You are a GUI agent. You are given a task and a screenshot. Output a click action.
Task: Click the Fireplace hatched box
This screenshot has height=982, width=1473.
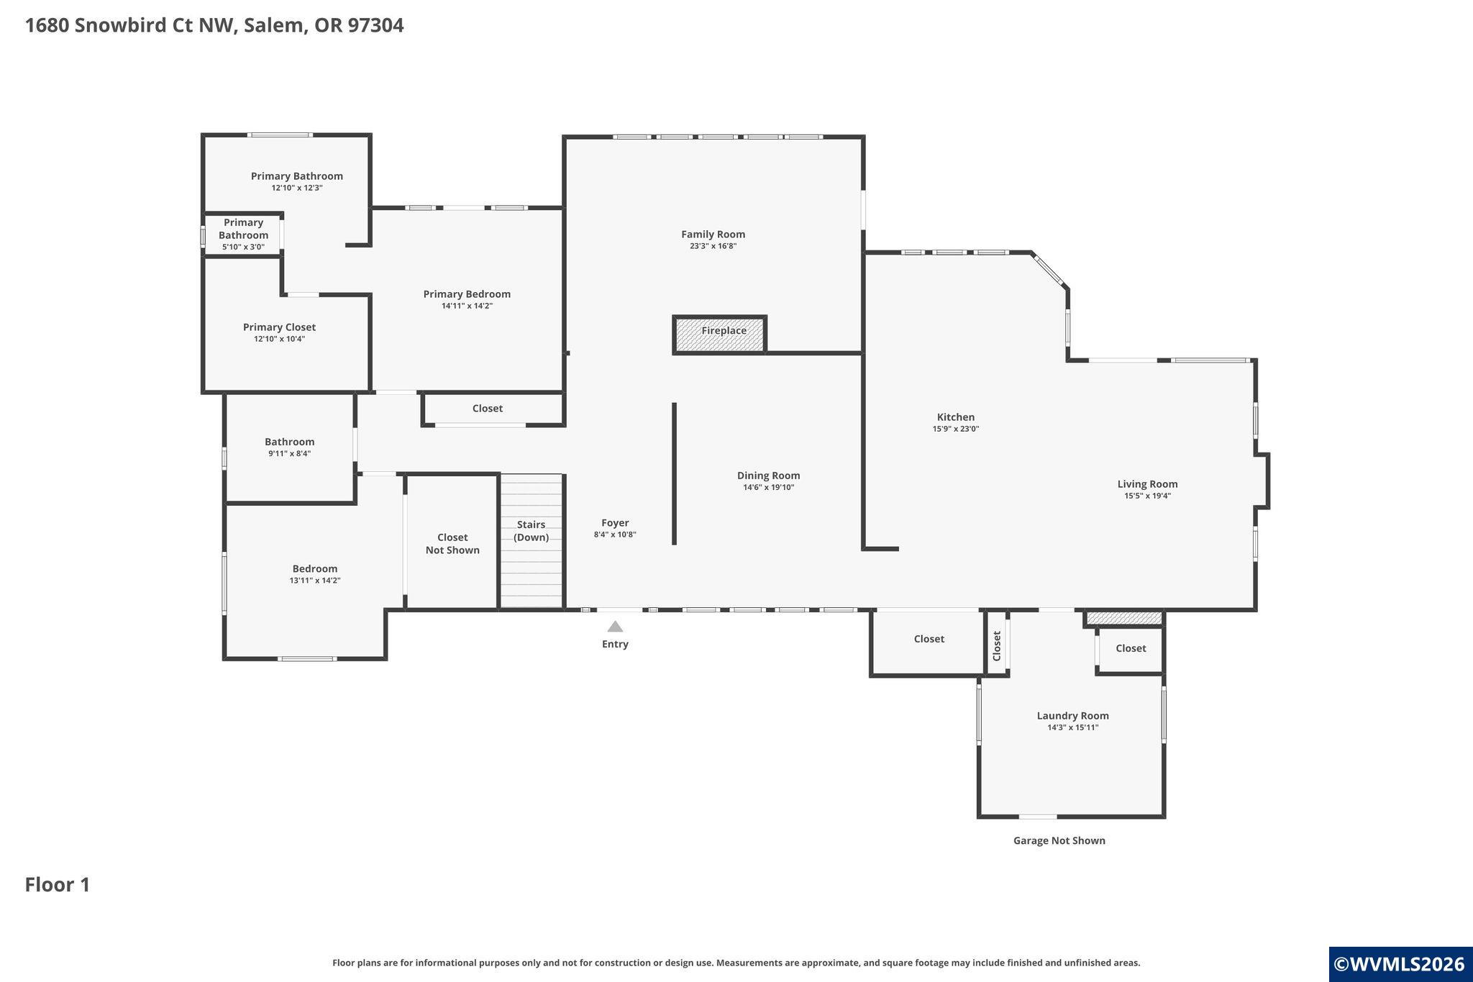coord(719,335)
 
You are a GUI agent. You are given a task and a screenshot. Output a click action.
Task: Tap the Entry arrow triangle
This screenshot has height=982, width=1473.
coord(615,626)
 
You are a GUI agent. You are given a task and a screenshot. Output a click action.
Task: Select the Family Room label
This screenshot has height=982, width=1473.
coord(713,234)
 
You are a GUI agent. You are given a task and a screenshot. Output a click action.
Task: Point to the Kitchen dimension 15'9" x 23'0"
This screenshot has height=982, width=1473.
coord(956,429)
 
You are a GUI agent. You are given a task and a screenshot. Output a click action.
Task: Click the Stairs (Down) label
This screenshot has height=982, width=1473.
coord(531,531)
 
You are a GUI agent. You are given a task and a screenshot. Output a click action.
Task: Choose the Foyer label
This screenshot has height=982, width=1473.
coord(615,523)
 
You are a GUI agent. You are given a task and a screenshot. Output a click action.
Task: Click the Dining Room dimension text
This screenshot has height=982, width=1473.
coord(768,487)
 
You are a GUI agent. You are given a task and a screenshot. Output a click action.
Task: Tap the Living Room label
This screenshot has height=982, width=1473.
coord(1147,484)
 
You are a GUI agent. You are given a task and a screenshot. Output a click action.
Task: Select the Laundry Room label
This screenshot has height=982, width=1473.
coord(1072,716)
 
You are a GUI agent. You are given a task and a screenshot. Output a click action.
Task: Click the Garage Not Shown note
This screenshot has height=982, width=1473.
coord(1059,840)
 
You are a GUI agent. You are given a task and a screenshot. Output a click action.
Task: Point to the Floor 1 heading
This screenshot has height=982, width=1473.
coord(58,884)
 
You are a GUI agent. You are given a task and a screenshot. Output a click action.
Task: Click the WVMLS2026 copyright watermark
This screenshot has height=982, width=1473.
coord(1399,964)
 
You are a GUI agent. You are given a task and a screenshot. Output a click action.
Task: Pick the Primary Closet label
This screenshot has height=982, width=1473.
coord(279,327)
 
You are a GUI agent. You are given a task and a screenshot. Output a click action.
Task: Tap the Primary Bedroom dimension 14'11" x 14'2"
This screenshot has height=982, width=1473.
coord(467,306)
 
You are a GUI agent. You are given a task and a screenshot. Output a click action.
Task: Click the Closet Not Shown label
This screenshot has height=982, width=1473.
coord(452,544)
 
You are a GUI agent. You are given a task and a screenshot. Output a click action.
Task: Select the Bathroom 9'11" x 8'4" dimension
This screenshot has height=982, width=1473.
coord(289,454)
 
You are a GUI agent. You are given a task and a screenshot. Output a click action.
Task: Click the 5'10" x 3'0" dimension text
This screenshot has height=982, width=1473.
coord(243,247)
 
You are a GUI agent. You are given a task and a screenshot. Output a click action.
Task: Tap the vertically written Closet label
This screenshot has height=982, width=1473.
coord(996,645)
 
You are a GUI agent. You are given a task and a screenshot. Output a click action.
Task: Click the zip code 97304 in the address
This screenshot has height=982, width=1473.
coord(375,25)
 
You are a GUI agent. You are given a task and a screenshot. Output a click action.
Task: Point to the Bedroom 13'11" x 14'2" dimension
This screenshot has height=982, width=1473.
coord(314,581)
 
